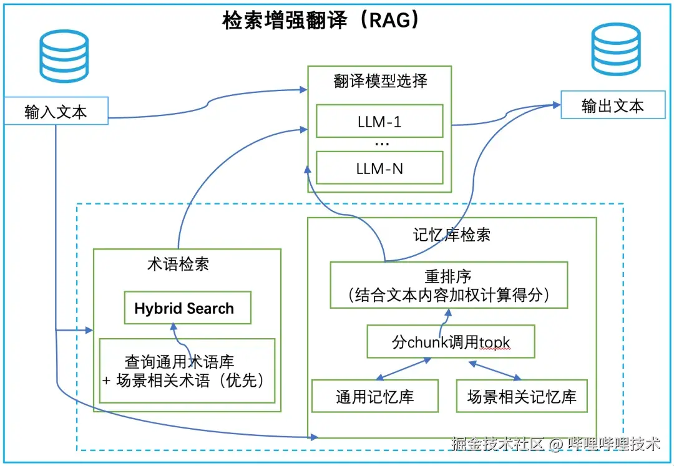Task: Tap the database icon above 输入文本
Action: [64, 57]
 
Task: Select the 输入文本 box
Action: [56, 112]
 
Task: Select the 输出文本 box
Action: [612, 105]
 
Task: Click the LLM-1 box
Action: [379, 122]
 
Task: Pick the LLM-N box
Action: [379, 168]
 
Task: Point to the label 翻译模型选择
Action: [380, 82]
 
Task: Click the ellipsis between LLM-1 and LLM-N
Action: [381, 144]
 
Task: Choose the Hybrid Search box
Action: [187, 308]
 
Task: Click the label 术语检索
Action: [178, 265]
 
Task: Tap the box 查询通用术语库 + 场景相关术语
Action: [187, 371]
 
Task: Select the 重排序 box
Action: [449, 284]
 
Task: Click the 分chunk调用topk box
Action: [451, 342]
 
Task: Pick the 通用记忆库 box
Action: [374, 396]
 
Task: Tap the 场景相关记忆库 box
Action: [522, 396]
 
